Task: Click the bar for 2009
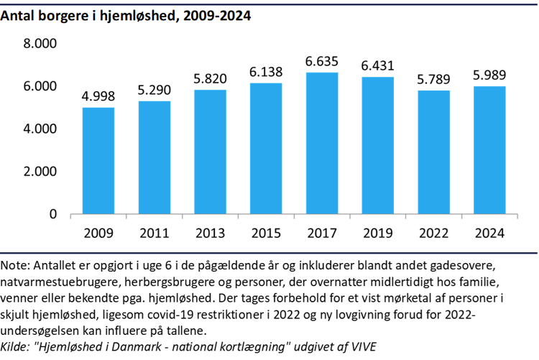[98, 161]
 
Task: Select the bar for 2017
[322, 144]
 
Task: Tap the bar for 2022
[433, 152]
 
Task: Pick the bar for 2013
[210, 152]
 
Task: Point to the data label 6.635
[322, 62]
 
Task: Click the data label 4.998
[98, 96]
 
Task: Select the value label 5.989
[489, 75]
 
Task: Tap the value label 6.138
[266, 72]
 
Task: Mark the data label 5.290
[155, 91]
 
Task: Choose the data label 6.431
[377, 65]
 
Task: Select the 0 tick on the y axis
[52, 214]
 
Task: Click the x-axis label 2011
[155, 234]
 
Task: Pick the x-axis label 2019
[377, 234]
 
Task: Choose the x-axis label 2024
[489, 234]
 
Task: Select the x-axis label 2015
[266, 234]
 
